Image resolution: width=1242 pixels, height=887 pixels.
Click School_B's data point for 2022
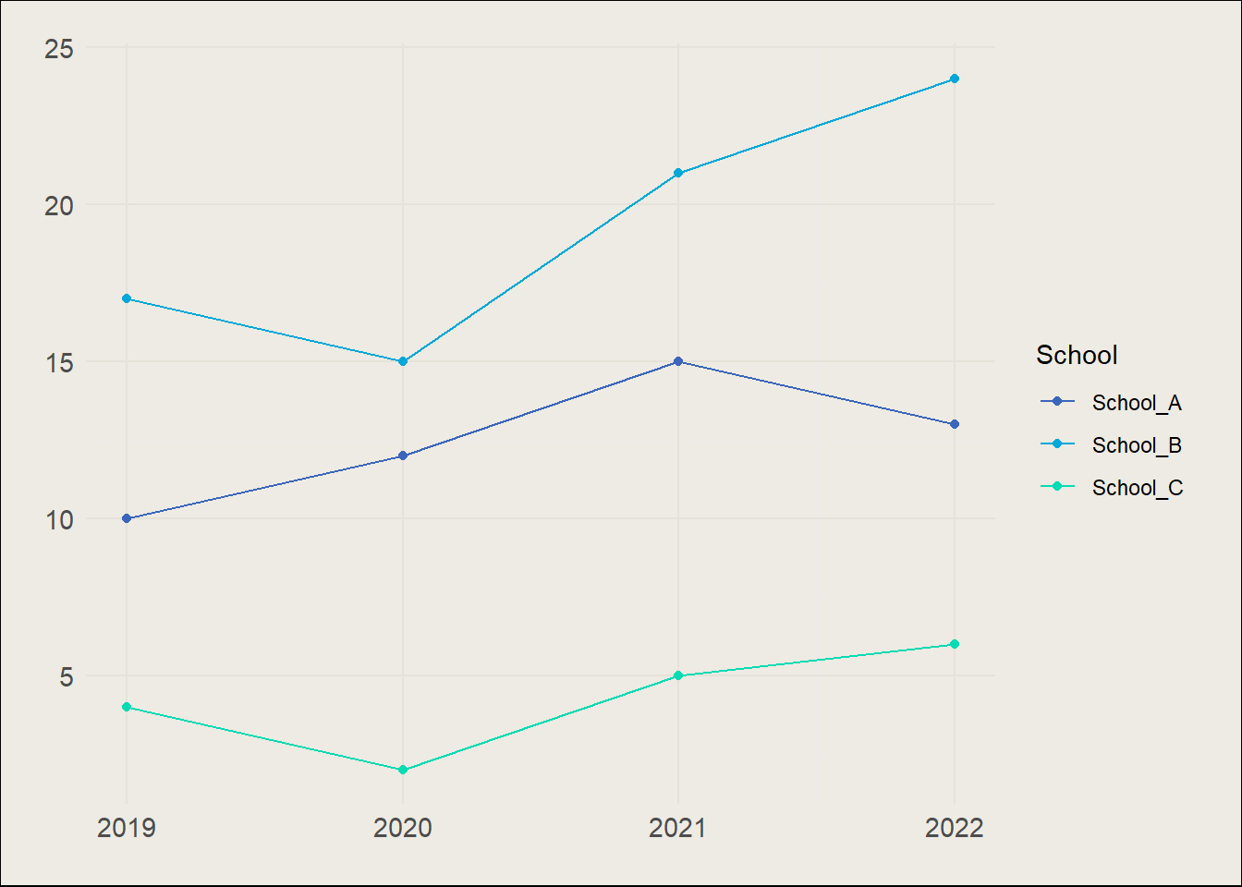coord(955,79)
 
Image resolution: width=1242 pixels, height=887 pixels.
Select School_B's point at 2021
coord(678,173)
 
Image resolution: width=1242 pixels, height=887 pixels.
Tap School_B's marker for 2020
coord(403,361)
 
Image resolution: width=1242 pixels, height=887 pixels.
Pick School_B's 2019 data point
coord(127,298)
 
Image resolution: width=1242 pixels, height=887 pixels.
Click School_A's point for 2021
coord(678,361)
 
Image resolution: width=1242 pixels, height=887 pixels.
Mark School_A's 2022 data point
coord(955,424)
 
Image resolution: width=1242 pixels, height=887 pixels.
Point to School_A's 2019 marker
coord(127,518)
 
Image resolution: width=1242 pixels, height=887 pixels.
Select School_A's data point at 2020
coord(403,456)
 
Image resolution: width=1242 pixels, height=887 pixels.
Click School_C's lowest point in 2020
coord(403,770)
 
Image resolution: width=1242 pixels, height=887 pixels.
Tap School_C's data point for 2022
coord(955,644)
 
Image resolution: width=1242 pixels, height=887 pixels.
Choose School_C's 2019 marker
coord(127,707)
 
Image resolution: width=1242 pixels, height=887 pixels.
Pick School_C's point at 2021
coord(678,675)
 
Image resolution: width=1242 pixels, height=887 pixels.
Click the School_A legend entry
coord(1137,403)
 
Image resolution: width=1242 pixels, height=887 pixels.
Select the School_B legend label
coord(1137,445)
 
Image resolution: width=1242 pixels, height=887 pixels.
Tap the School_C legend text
coord(1137,488)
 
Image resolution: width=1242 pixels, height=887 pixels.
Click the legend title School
coord(1077,355)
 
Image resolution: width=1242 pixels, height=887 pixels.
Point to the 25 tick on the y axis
coord(58,48)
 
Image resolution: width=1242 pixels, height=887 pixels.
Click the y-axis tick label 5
coord(66,676)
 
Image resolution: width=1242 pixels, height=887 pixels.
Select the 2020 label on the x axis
coord(403,828)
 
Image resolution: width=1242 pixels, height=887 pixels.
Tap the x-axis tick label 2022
coord(955,828)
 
